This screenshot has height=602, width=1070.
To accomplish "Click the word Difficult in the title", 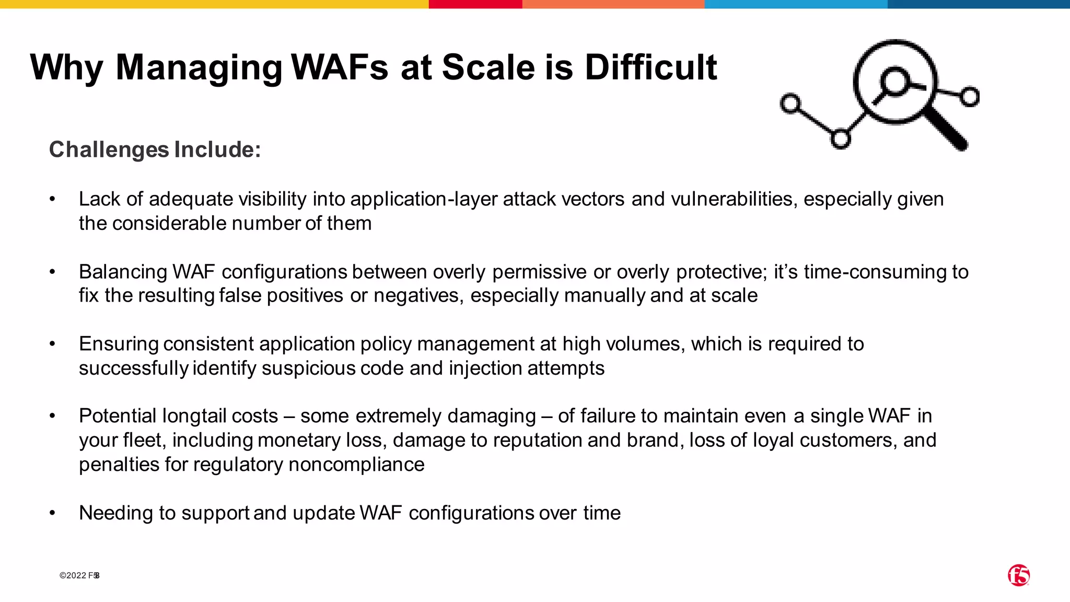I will (x=650, y=67).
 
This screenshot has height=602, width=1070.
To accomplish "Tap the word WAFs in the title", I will (x=340, y=67).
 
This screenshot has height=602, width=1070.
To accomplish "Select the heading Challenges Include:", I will (x=155, y=149).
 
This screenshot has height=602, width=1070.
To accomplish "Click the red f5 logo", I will (x=1018, y=575).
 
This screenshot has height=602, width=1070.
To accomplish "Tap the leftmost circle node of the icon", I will (x=790, y=103).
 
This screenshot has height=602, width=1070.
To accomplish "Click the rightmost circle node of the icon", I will (x=970, y=97).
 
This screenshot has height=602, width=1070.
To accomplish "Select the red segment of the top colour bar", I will (x=475, y=4).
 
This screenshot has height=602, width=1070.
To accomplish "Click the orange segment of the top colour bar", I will (x=613, y=4).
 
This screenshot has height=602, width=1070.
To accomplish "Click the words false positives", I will (x=281, y=296).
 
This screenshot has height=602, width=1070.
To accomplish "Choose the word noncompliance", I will (x=356, y=465).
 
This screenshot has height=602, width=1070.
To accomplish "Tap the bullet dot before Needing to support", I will (x=52, y=513).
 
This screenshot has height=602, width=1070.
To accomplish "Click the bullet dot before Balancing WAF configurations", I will (x=52, y=272).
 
